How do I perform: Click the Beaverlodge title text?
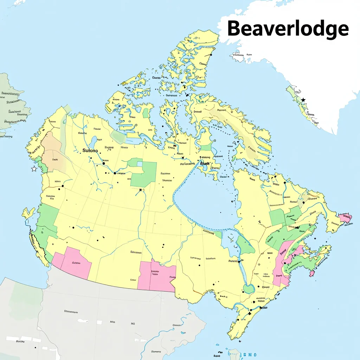(x=288, y=28)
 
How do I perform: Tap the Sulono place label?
(x=90, y=150)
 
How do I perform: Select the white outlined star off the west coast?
(x=34, y=169)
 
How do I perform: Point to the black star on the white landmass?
(x=303, y=100)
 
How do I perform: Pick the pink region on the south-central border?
(x=157, y=276)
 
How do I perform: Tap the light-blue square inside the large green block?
(x=140, y=164)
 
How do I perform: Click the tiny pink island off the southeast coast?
(x=311, y=274)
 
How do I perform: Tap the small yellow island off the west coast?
(x=28, y=213)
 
